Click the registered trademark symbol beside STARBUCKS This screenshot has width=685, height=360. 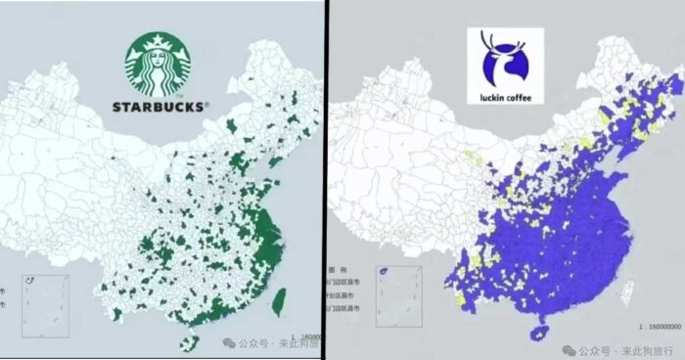pyautogui.click(x=205, y=102)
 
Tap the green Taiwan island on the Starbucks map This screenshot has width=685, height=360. pyautogui.click(x=278, y=300)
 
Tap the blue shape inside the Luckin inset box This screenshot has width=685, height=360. pyautogui.click(x=385, y=272)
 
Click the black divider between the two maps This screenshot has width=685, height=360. pyautogui.click(x=326, y=180)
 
